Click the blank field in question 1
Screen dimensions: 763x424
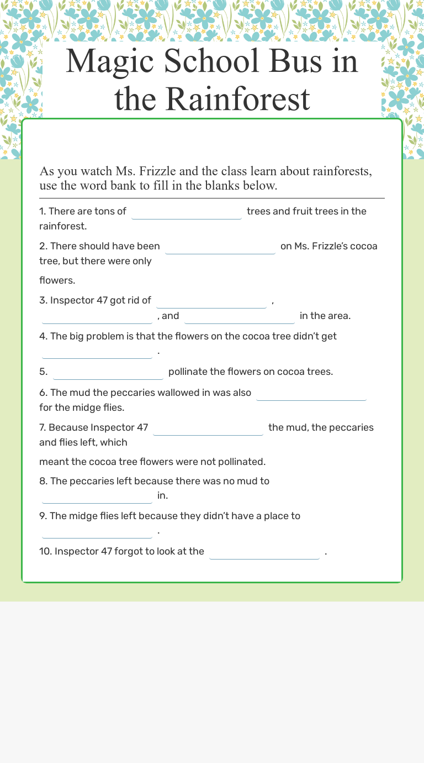(187, 211)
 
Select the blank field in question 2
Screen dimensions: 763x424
(220, 246)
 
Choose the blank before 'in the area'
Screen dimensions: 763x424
(240, 316)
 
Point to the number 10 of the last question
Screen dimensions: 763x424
(45, 551)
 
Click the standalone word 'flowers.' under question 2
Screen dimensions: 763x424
(57, 280)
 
